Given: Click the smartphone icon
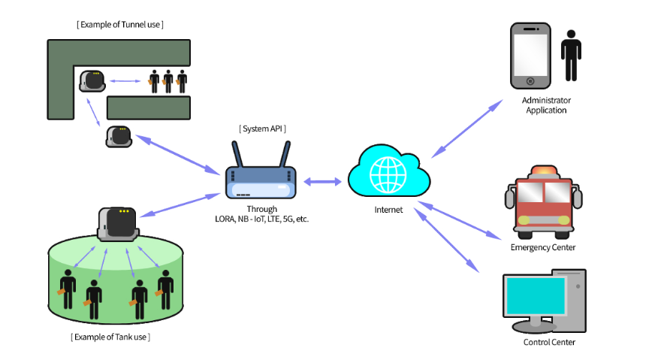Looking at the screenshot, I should click(x=531, y=56).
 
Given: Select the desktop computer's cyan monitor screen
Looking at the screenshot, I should click(x=534, y=296).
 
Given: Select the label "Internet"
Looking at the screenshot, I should click(x=389, y=210).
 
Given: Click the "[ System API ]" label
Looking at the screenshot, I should click(x=262, y=129).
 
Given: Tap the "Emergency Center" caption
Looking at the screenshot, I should click(x=542, y=247).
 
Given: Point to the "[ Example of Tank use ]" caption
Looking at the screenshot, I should click(x=110, y=337).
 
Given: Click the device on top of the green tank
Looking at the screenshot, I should click(x=118, y=222).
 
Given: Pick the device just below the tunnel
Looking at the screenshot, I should click(x=119, y=136).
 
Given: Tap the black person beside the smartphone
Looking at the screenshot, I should click(x=571, y=56).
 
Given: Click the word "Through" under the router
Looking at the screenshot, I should click(x=261, y=209).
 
